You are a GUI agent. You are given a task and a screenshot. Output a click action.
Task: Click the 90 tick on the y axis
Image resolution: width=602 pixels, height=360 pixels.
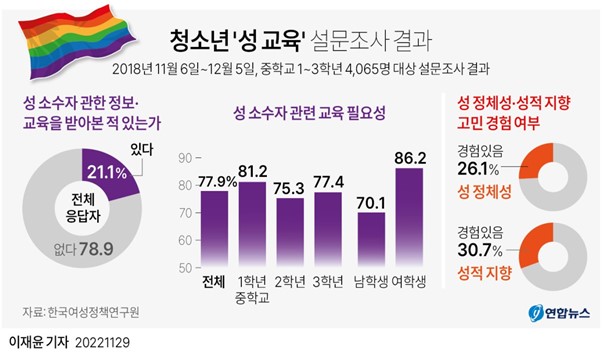183,158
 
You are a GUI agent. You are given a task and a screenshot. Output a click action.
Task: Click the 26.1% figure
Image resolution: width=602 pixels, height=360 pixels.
478,167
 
